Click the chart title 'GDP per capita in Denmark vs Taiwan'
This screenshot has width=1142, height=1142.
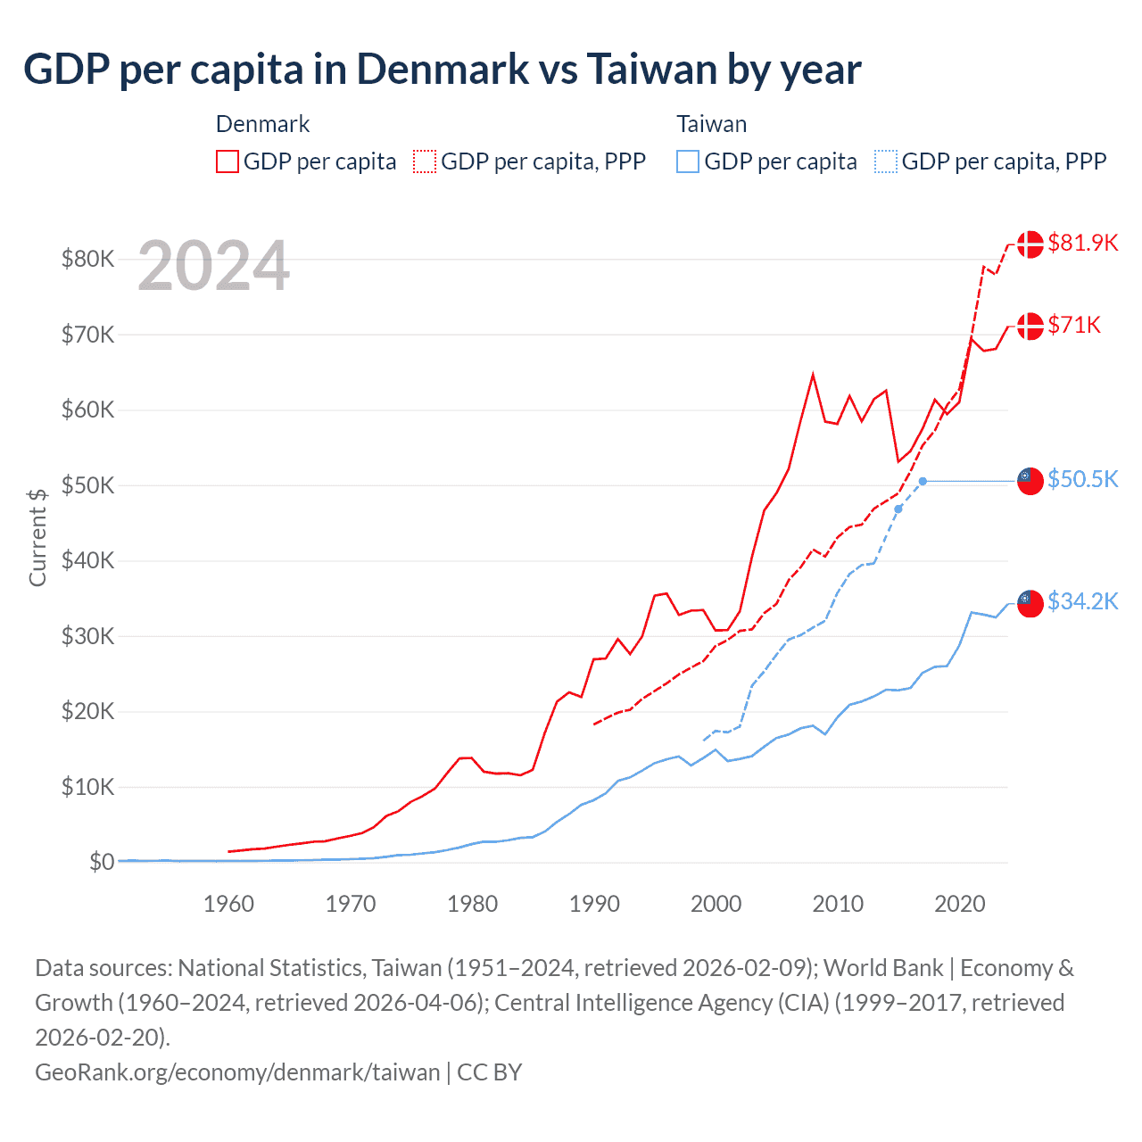click(x=442, y=70)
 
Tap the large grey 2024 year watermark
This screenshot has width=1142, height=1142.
click(x=214, y=266)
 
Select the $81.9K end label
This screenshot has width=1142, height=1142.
click(x=1082, y=243)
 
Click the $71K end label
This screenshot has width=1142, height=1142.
click(x=1074, y=325)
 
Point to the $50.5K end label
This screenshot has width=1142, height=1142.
click(x=1082, y=479)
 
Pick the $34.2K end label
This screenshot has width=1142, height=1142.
click(x=1082, y=601)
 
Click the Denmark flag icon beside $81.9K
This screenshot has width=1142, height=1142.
click(x=1030, y=244)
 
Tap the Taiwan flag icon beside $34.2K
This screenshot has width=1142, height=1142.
click(x=1030, y=603)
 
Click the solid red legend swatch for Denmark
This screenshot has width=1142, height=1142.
click(x=228, y=161)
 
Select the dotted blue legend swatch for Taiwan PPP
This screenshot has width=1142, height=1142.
click(x=886, y=161)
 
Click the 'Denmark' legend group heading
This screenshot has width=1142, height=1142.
click(x=262, y=124)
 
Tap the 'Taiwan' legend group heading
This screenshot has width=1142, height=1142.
click(x=711, y=124)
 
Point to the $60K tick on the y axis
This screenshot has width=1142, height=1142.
click(x=87, y=410)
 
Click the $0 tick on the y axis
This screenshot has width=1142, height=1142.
click(x=101, y=862)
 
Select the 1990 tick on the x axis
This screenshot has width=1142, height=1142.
click(x=594, y=904)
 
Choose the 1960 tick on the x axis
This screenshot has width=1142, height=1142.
click(x=228, y=904)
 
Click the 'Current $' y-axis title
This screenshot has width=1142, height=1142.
click(x=37, y=537)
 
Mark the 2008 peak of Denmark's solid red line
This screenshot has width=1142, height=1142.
click(x=813, y=375)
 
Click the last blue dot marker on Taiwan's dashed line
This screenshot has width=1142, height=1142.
click(x=923, y=481)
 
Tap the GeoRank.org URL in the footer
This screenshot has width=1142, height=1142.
click(x=237, y=1072)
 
